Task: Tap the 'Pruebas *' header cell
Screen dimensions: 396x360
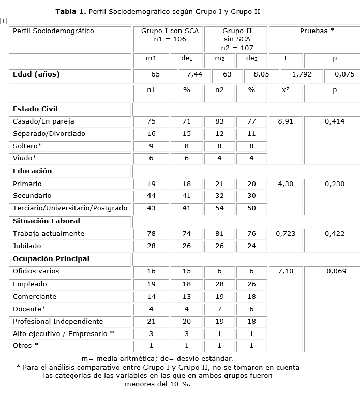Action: (317, 31)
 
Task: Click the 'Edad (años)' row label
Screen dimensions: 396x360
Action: (36, 74)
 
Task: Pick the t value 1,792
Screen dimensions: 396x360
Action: (302, 74)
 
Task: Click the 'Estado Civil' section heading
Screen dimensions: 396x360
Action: (35, 109)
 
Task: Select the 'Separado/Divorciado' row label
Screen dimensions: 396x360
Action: (49, 134)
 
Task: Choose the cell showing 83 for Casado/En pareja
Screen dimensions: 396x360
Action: (219, 121)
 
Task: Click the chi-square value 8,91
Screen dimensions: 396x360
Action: (286, 121)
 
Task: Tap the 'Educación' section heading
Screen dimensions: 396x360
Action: (33, 171)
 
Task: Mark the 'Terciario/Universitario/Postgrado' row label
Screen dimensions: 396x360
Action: (69, 208)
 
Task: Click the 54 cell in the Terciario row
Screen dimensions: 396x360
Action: (219, 208)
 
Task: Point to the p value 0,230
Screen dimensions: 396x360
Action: (335, 184)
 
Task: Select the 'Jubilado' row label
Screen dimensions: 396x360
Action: (27, 246)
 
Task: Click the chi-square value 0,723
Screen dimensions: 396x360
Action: (286, 234)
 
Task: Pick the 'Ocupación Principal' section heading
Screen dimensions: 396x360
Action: (51, 259)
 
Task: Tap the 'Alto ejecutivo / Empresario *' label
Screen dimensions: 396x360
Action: (64, 333)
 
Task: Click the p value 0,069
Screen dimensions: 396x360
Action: (336, 271)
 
